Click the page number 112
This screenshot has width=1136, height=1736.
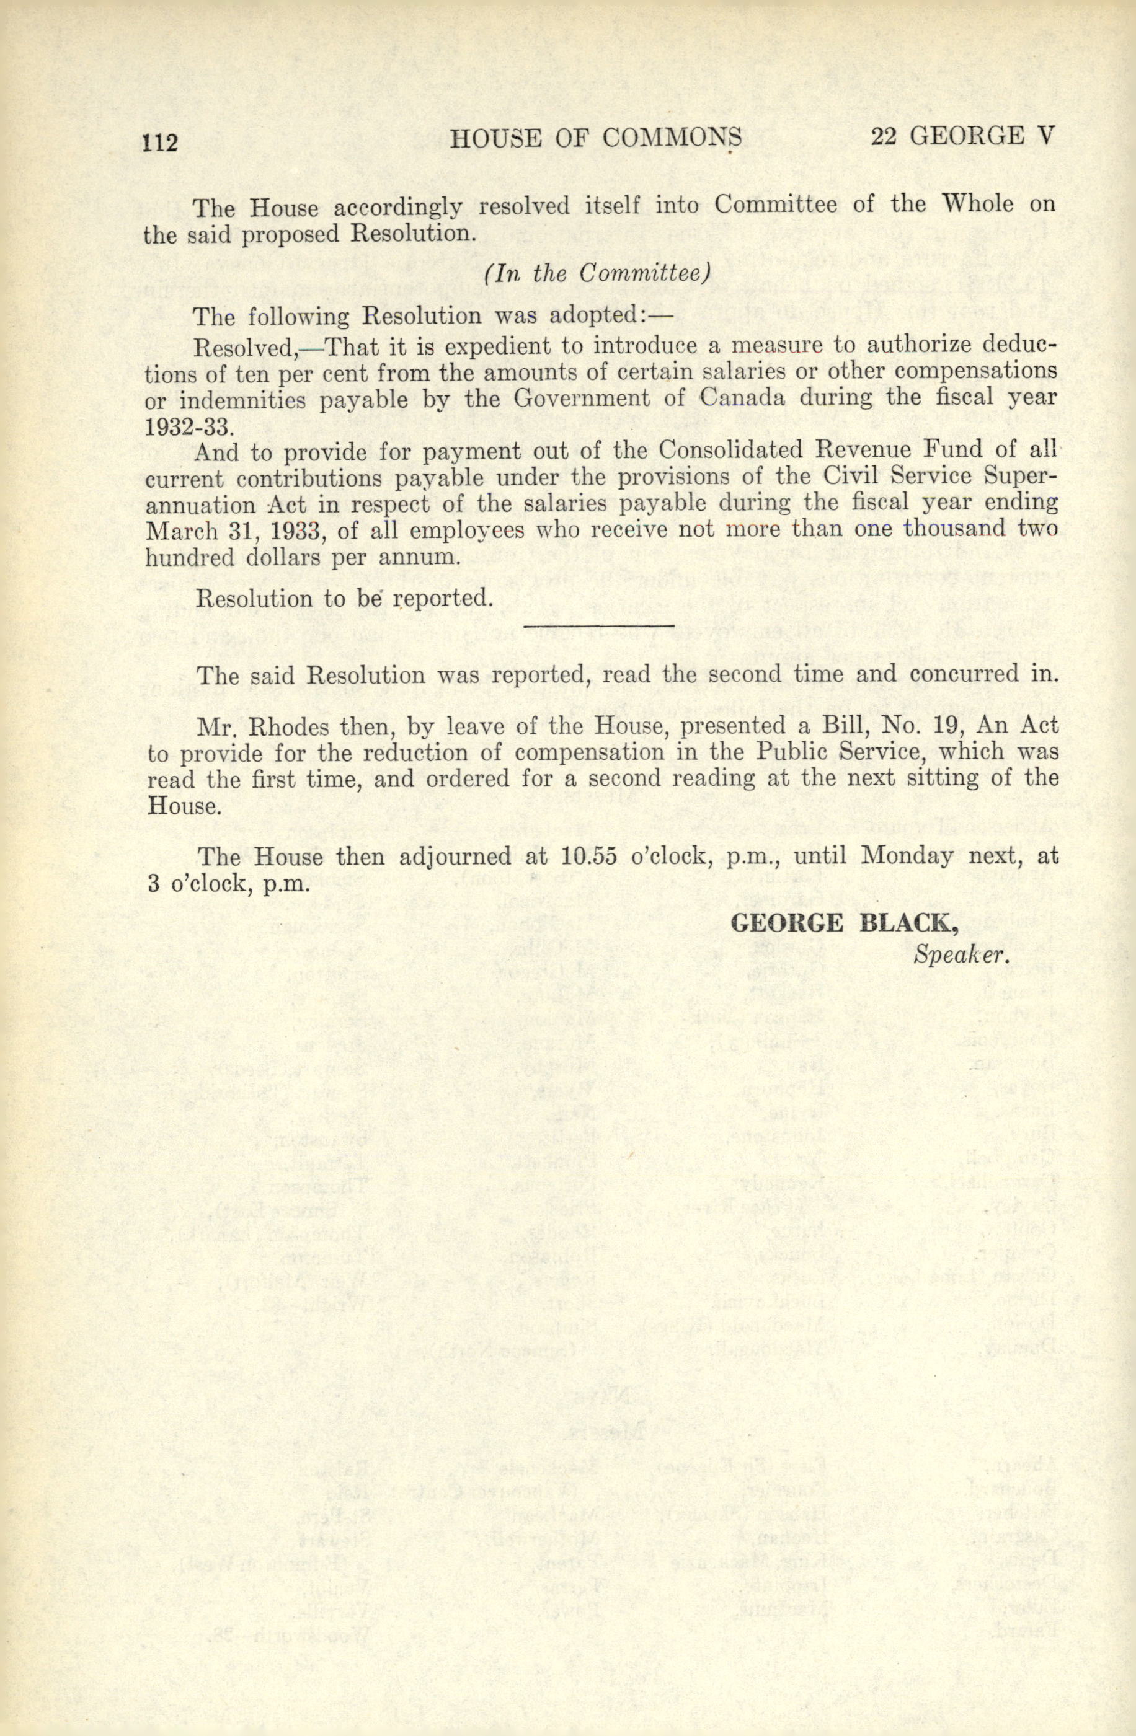[x=160, y=141]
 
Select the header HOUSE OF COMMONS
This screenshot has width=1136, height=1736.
[x=595, y=138]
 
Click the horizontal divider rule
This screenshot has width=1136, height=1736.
[x=598, y=625]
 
